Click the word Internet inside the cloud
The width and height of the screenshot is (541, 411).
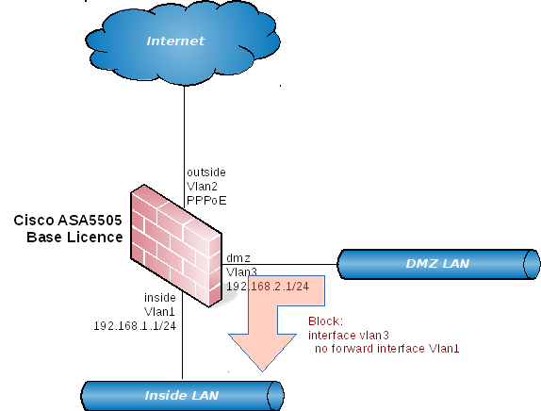click(175, 41)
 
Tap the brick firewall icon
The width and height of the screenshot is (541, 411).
click(176, 246)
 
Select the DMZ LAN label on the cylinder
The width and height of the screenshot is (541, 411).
click(437, 264)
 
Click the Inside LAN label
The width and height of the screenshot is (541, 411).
click(182, 396)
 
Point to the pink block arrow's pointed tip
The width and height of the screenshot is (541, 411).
click(263, 371)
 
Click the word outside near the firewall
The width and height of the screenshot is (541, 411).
click(206, 173)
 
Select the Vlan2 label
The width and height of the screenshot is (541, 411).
click(203, 187)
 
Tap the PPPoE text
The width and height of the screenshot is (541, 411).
click(206, 201)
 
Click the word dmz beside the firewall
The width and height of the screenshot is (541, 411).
click(238, 258)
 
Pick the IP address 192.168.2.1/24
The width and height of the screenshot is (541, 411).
click(268, 286)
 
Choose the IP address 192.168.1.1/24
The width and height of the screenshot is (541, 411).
click(135, 326)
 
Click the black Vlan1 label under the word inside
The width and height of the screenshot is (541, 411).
click(159, 312)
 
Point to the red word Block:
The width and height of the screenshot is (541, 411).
click(326, 321)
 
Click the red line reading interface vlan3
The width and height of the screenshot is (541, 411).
click(349, 335)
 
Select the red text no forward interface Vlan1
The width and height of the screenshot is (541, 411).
click(387, 349)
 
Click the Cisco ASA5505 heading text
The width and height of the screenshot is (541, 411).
click(68, 221)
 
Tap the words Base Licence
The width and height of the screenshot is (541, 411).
click(74, 238)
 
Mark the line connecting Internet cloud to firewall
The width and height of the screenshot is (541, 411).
click(184, 147)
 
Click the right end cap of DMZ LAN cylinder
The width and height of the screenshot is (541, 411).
click(532, 264)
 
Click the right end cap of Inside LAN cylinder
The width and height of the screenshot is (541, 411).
click(275, 396)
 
